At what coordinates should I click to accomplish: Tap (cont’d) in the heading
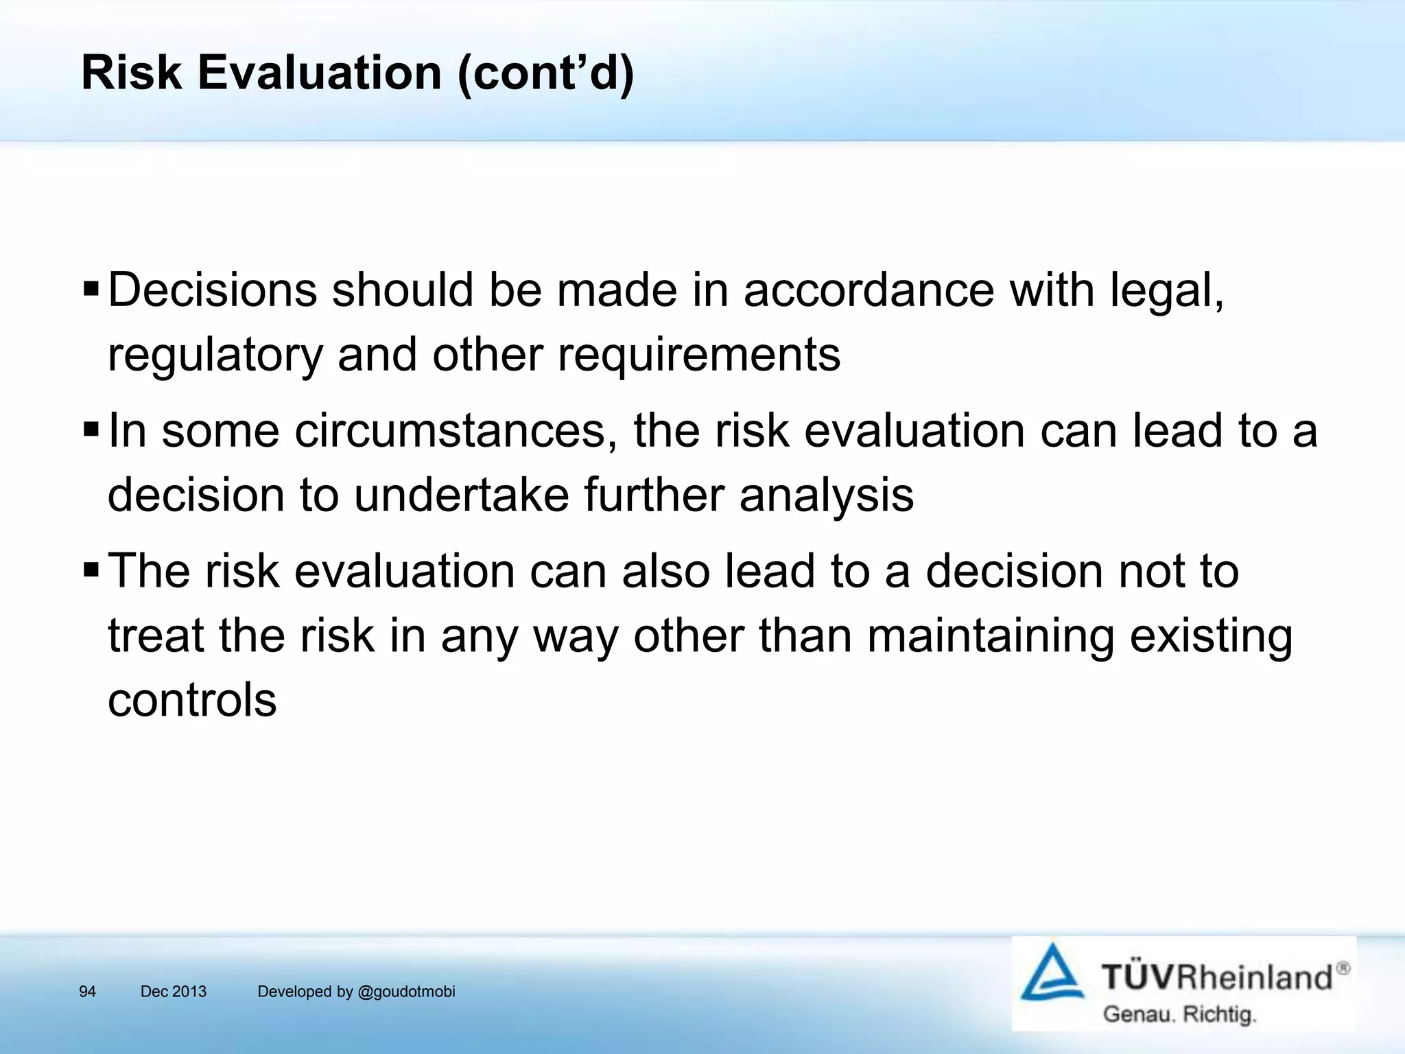[545, 73]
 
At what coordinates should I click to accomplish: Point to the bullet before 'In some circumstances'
[91, 430]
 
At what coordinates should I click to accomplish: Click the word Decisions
[213, 290]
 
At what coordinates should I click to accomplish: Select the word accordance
[869, 290]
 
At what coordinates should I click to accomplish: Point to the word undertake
[461, 495]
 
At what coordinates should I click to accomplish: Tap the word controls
[192, 700]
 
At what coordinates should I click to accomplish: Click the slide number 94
[87, 992]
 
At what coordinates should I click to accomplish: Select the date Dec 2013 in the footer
[173, 992]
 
